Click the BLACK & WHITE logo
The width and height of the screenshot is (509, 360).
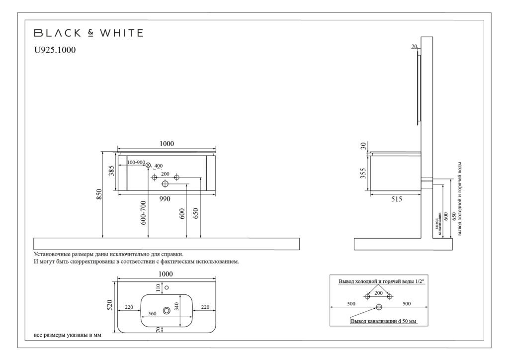coord(88,33)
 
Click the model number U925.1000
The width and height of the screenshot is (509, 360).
coord(55,50)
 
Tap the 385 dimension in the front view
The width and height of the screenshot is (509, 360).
coord(112,171)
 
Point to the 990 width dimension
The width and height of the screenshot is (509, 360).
coord(165,199)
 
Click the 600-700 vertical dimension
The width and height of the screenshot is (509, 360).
coord(144,212)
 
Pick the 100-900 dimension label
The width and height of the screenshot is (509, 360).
coord(136,163)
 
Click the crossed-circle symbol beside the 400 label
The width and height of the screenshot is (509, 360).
coord(148,165)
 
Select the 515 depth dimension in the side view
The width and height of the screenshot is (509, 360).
coord(396,199)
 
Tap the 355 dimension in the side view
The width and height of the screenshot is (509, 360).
coord(363,173)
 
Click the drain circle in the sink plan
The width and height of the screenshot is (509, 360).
coord(167,310)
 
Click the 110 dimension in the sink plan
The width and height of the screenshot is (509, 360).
coord(159,287)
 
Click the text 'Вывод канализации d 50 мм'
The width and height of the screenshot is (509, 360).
coord(383,321)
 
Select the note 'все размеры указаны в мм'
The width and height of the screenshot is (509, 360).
coord(67,335)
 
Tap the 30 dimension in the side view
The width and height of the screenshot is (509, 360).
coord(363,146)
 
